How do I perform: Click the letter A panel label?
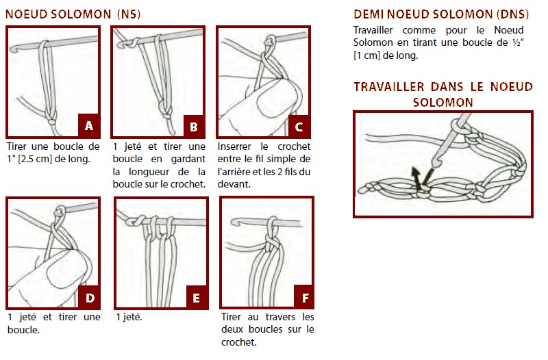(89, 126)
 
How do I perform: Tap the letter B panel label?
(194, 127)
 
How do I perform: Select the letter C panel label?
(299, 127)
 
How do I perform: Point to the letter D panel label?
(90, 298)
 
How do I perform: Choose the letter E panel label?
(196, 298)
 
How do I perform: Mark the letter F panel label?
(305, 298)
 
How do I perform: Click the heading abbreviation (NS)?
(129, 14)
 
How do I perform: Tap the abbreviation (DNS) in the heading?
(512, 14)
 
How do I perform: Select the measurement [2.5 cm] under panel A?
(35, 159)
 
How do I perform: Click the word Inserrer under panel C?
(234, 146)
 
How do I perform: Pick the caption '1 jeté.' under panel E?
(129, 317)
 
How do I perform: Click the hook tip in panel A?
(12, 50)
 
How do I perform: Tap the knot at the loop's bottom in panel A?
(52, 121)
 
